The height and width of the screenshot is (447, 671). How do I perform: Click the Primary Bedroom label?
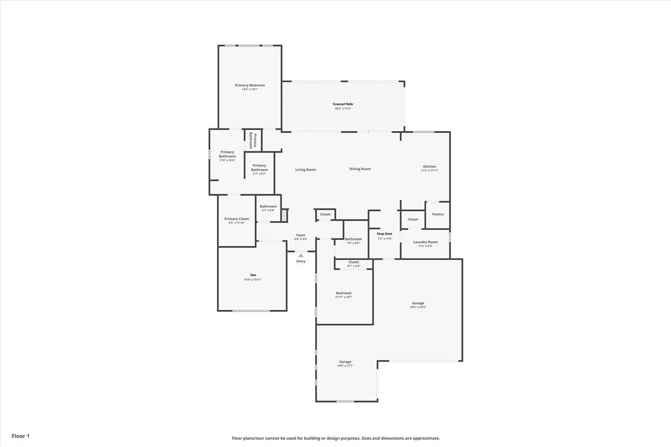point(250,85)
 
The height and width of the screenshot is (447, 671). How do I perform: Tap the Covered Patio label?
point(343,104)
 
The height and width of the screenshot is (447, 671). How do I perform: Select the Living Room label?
point(305,169)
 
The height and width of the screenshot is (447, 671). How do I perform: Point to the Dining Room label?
point(360,169)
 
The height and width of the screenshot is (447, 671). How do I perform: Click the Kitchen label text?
point(429,166)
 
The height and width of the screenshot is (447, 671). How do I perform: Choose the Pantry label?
point(438,214)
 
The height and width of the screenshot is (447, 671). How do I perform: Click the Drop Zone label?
point(385,233)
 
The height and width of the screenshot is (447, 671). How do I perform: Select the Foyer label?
point(301,235)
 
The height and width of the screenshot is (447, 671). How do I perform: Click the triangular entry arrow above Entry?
point(301,256)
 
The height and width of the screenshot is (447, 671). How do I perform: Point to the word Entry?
point(301,262)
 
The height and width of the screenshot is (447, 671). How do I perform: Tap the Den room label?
point(252,275)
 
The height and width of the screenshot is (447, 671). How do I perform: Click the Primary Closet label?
point(237,219)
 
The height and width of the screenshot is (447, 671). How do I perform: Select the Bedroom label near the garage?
point(344,293)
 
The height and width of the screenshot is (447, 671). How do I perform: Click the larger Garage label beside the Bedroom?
point(418,303)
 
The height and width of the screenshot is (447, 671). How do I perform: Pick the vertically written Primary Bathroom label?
point(252,140)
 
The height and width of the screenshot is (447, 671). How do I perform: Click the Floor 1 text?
point(20,435)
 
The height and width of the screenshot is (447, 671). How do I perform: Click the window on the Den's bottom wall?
point(251,311)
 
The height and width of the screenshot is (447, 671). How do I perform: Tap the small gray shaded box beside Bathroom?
point(284,214)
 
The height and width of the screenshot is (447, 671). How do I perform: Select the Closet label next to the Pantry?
point(413,220)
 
